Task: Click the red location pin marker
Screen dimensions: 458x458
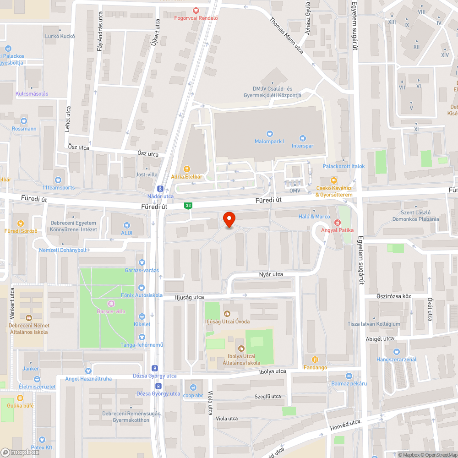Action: pos(229,220)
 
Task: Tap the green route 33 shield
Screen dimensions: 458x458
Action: pos(188,206)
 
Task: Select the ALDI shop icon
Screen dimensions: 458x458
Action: pos(127,225)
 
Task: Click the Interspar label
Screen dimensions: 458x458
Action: pos(302,146)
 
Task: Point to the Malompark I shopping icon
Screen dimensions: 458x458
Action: pos(269,134)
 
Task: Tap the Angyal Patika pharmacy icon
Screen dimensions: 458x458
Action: pos(338,222)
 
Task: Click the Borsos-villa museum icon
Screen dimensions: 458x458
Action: pos(111,304)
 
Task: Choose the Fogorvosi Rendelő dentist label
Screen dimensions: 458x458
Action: pos(196,18)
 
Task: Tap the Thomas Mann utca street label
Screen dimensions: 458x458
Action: pos(287,35)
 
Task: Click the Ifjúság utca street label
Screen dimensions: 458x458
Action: pos(189,297)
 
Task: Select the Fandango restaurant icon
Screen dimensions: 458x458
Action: pos(315,360)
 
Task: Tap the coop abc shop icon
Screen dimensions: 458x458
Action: pos(193,387)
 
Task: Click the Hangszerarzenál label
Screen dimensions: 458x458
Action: pos(397,360)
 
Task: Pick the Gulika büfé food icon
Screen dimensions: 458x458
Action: pos(20,398)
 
